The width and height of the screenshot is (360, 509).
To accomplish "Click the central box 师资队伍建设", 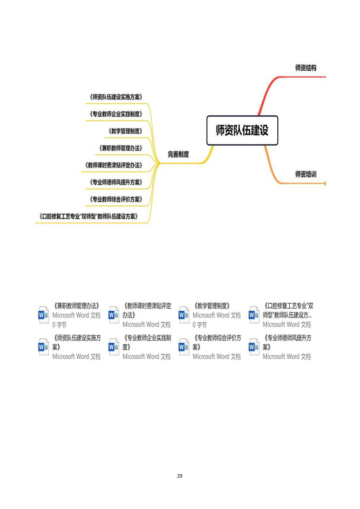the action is coord(242,130).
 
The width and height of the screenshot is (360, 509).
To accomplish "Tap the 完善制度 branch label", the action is coord(178,154).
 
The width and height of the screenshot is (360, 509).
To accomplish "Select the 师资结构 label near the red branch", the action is coord(306,68).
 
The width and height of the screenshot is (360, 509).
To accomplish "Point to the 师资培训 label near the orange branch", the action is coord(306,174).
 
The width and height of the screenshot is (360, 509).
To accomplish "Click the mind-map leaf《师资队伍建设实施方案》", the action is coord(116,97).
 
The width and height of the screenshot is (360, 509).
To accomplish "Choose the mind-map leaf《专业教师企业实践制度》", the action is coord(116,114).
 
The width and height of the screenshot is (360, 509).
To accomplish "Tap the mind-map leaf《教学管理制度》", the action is coord(125,131).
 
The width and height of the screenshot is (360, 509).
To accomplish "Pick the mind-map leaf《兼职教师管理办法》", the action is coord(121,148).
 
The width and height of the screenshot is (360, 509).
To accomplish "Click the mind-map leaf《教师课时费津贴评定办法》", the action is coord(114,165).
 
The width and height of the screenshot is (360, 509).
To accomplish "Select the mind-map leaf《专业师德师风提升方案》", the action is coord(116,182).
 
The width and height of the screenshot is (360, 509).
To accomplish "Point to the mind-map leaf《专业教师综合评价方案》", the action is coord(116,199).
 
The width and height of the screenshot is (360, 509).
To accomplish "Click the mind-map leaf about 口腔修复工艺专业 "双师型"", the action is coord(89,216).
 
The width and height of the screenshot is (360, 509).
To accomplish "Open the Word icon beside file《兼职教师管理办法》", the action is coord(43,315).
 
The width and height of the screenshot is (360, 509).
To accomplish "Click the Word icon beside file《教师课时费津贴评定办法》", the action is coord(114,315).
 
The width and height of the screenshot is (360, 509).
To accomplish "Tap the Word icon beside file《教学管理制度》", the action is coord(184,315).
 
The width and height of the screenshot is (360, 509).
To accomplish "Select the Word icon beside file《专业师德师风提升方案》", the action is coord(254,347).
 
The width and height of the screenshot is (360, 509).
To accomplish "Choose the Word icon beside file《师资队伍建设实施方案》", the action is coord(43,347).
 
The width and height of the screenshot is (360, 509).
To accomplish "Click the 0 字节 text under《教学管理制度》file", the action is coord(199,325).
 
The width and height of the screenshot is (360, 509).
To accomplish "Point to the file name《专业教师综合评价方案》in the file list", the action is coord(216,343).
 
